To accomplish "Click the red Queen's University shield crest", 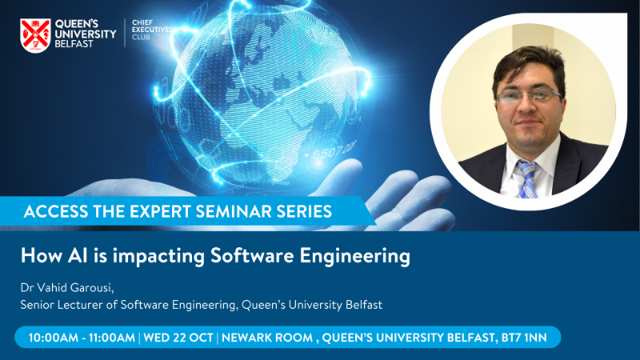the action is (35, 35).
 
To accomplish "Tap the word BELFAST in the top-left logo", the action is (74, 44).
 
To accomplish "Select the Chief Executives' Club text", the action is (151, 30).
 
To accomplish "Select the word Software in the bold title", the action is (252, 256).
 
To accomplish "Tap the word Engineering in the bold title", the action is (354, 257).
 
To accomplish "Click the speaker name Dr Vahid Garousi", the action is (66, 288).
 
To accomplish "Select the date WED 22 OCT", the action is (178, 338).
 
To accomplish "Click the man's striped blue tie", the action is (528, 178).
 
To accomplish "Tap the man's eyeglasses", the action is (529, 95).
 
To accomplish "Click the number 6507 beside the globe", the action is (326, 154).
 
